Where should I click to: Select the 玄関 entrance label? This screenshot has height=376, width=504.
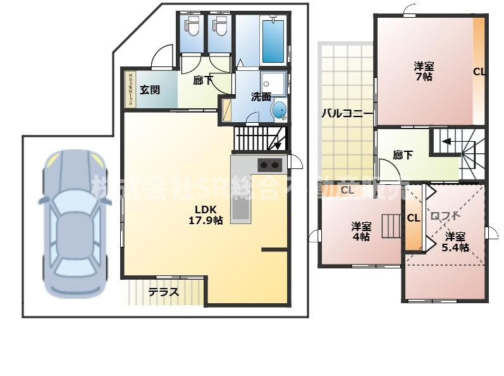[150, 89]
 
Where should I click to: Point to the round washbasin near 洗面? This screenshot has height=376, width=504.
[279, 111]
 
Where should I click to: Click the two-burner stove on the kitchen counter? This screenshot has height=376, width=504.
[269, 165]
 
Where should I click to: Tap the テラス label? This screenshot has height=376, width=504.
[164, 292]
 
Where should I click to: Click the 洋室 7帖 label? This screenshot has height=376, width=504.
[424, 70]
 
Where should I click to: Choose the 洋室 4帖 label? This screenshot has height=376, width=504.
[361, 231]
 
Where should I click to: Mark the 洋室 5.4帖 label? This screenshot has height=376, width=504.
[455, 242]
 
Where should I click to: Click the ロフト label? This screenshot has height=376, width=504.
[445, 216]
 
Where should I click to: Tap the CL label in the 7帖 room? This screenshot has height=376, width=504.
[479, 72]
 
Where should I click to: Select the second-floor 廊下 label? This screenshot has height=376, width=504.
[403, 154]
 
